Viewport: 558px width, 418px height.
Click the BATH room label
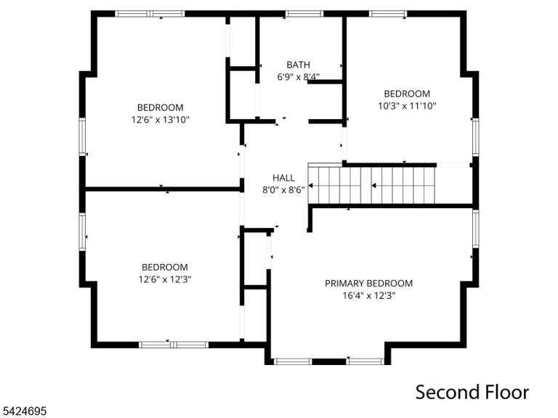click(x=298, y=65)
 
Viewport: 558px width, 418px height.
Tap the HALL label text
click(x=283, y=178)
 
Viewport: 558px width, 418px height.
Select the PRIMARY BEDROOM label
click(x=368, y=283)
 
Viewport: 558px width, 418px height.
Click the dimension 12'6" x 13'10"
click(x=160, y=120)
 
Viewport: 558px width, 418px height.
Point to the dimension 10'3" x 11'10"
click(x=407, y=105)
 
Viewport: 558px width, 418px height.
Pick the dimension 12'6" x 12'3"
click(x=165, y=279)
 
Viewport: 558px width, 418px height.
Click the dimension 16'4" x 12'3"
click(x=369, y=295)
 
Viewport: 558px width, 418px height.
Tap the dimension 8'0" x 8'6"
click(x=283, y=190)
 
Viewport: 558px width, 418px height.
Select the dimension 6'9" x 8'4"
click(x=298, y=76)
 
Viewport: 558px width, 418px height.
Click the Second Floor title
click(x=472, y=392)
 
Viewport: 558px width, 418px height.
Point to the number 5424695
click(x=23, y=411)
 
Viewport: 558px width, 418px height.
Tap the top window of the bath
click(x=304, y=14)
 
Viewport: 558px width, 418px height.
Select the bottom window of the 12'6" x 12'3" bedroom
click(x=174, y=345)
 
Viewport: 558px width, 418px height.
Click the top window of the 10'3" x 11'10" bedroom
click(x=387, y=14)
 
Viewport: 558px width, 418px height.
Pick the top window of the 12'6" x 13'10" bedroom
click(x=150, y=14)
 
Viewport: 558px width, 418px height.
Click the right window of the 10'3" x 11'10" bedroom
click(x=475, y=137)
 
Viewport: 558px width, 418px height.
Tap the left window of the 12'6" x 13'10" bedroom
click(x=82, y=136)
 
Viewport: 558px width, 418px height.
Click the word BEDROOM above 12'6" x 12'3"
click(x=165, y=267)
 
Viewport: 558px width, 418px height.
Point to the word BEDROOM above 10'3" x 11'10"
click(x=407, y=94)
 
